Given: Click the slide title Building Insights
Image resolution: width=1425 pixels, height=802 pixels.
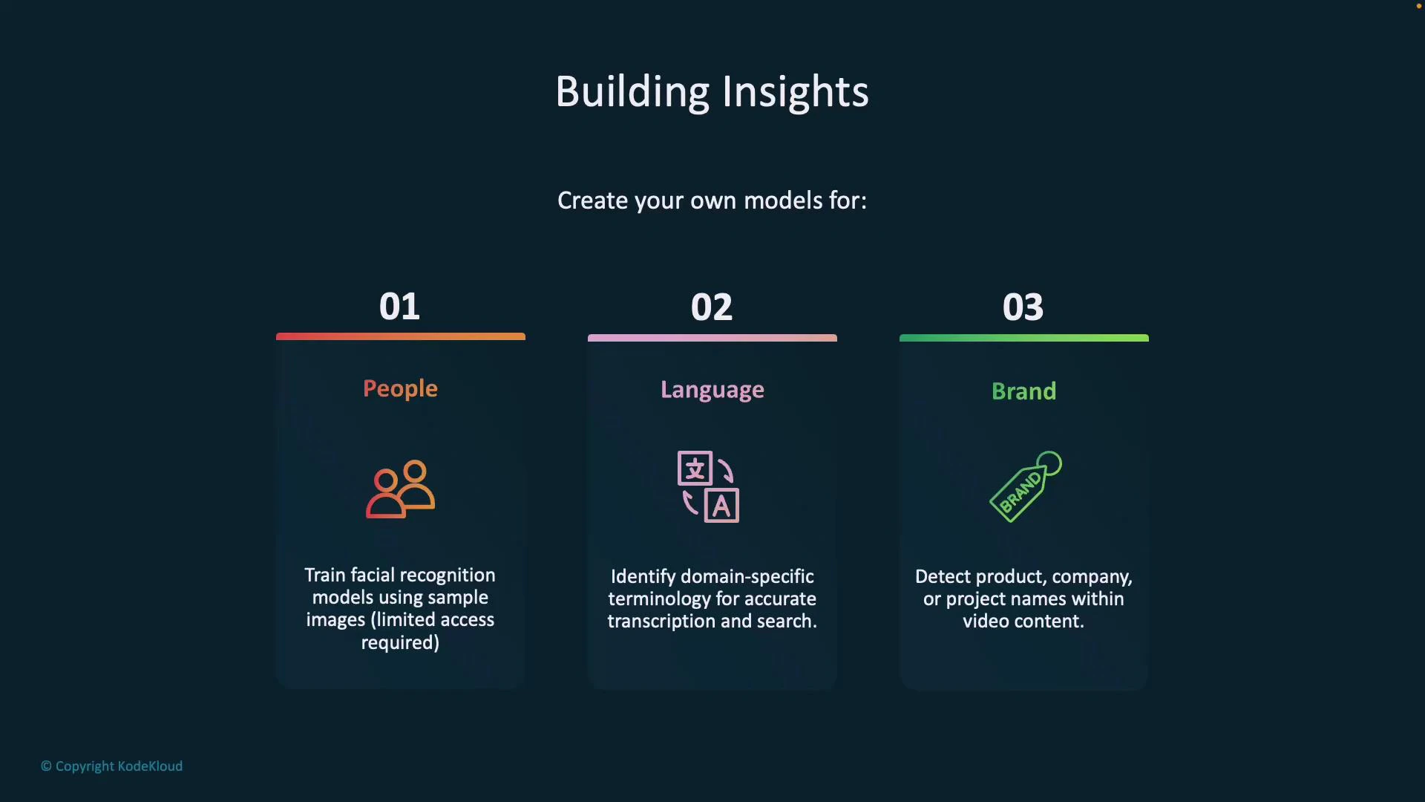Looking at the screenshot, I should (x=712, y=92).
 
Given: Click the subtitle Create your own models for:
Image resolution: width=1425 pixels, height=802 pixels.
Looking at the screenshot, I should (x=712, y=200).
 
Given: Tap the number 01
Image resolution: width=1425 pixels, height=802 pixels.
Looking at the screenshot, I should (x=399, y=307).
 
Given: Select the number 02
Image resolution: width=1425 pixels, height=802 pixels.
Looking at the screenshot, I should (x=712, y=307).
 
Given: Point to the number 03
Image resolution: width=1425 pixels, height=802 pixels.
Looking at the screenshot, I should (x=1023, y=307).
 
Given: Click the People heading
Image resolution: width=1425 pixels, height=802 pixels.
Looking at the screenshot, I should (x=400, y=389).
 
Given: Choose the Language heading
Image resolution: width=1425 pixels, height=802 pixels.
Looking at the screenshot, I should (x=712, y=391).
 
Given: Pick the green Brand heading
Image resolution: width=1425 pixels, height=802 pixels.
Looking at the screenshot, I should (x=1023, y=391).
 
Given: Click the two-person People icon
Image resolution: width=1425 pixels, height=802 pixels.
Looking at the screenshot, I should (x=400, y=489).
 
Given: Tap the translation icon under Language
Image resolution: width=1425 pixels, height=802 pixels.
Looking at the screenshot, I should (x=708, y=486).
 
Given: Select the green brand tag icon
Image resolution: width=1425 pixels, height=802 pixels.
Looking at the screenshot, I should (x=1025, y=487).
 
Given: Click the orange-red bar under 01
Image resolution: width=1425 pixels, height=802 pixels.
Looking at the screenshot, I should (x=400, y=336).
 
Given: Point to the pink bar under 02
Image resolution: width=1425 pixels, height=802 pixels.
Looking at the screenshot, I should (x=712, y=338).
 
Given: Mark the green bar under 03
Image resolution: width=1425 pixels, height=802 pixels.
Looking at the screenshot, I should (x=1023, y=338).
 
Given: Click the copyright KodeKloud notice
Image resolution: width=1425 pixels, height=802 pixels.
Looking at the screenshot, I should (x=111, y=766).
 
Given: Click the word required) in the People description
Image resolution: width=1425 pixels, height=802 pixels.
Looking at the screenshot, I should (x=400, y=643).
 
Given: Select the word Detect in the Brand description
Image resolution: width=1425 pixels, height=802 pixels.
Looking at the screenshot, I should (x=943, y=577).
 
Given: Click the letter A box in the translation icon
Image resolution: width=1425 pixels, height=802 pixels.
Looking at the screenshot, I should (x=721, y=506).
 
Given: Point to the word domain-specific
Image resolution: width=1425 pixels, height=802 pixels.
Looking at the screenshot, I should (x=747, y=577).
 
